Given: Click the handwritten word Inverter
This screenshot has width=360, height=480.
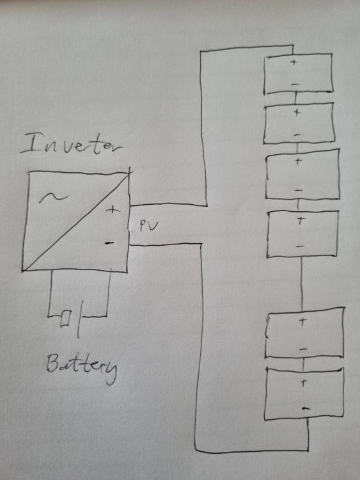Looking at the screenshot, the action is pos(71,145).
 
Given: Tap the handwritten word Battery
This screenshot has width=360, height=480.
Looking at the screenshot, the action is pos(82,368).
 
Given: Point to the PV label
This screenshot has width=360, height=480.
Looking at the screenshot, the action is pos(148,226).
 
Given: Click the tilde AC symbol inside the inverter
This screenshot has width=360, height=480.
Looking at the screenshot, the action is pos(53,198).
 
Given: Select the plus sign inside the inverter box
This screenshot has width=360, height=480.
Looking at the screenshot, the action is pos(113,210).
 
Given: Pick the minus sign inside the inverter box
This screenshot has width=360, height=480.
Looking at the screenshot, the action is pos(109,243).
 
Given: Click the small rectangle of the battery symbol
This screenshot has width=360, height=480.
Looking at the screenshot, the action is pos(66,319).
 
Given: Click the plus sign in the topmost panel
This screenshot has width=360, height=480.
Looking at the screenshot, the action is pos(293,63).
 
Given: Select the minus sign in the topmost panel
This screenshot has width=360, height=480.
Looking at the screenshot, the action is pos(295,84).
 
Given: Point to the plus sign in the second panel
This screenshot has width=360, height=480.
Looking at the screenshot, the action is pos(297,113).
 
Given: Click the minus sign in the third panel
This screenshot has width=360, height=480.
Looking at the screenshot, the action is pos(299,191).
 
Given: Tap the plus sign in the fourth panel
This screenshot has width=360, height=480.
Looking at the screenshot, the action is pos(301,220).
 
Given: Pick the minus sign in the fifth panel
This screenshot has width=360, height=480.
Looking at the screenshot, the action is pos(303,349).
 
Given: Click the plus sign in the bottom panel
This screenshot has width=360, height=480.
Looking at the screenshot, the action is pos(304,383).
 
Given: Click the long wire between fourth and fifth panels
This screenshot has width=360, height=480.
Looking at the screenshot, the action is pos(302,283).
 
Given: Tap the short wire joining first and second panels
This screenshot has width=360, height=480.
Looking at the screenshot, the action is pos(295,98).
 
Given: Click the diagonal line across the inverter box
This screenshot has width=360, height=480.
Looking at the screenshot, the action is pos(76,221).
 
